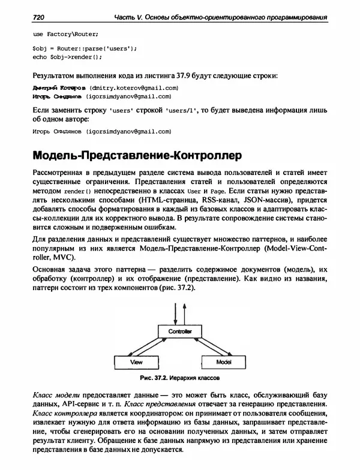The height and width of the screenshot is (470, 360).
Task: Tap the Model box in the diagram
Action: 224,363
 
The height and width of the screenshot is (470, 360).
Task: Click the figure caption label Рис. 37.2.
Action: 152,379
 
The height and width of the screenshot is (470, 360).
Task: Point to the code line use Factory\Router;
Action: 65,34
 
